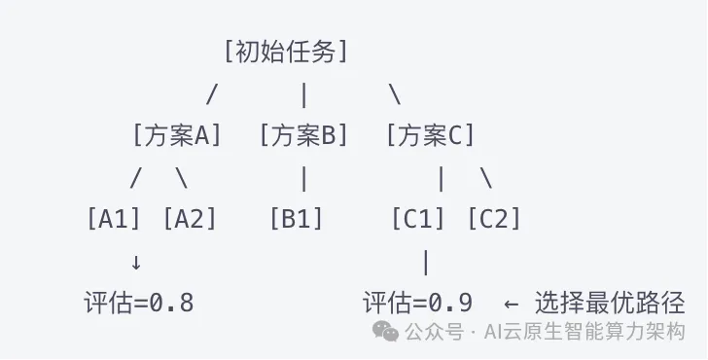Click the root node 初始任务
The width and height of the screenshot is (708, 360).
pos(286,52)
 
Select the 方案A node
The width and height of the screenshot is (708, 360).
pos(177,134)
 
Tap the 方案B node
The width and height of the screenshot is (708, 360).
pos(303,134)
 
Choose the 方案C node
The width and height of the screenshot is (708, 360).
pos(430,134)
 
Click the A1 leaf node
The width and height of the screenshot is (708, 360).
pos(114,219)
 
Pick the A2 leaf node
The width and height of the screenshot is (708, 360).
pos(190,219)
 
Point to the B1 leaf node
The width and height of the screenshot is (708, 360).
pos(297,219)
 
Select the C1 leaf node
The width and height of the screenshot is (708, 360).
pos(418,219)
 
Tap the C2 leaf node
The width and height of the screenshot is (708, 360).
pos(494,219)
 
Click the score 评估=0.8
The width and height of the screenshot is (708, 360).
pos(139,303)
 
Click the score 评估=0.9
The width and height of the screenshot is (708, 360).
pos(417,303)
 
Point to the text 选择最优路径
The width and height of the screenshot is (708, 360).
pos(610,303)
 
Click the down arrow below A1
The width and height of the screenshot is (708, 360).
pos(135,263)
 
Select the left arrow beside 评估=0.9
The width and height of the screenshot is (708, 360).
pos(511,304)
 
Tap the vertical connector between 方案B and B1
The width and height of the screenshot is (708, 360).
pos(303,179)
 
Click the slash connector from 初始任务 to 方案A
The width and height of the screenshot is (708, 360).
pos(212,94)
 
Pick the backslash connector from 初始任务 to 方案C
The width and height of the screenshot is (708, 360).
pos(395,94)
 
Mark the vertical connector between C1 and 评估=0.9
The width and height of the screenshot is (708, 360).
pos(426,263)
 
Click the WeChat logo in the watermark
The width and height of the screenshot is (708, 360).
pos(385,331)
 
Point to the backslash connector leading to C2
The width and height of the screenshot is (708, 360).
pos(486,178)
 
